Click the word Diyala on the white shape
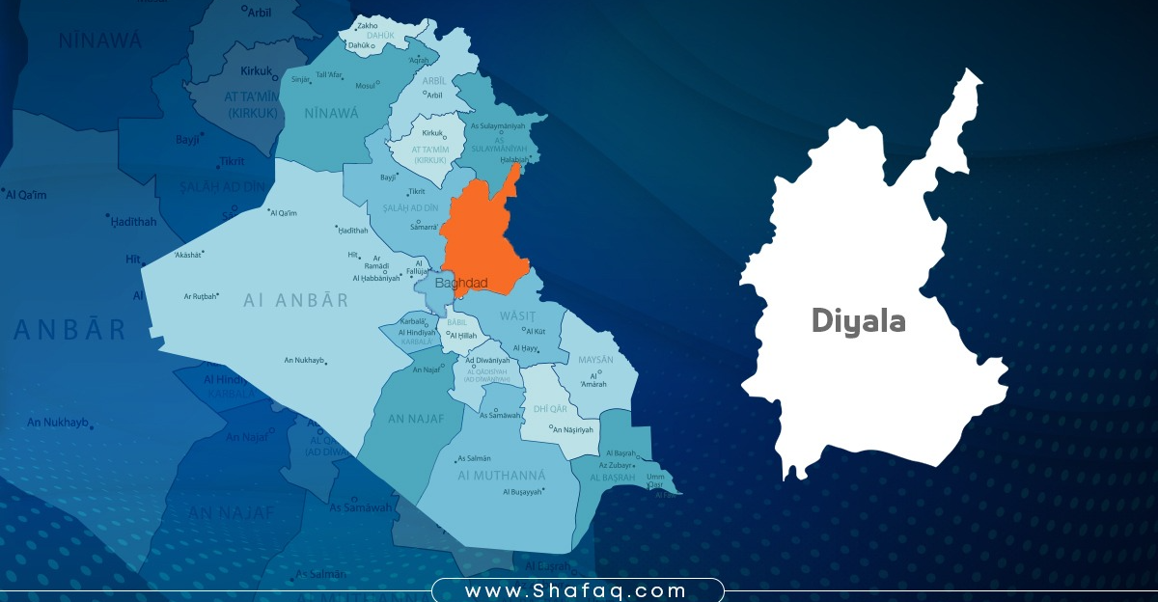point(858,320)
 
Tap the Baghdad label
point(461,284)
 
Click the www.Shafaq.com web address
point(576,590)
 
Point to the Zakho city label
point(367,26)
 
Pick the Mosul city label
point(366,86)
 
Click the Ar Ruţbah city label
point(201,296)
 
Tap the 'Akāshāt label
point(187,255)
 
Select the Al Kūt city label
point(537,331)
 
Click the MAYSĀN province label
point(595,359)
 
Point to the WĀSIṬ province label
point(516,315)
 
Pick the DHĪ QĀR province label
point(550,409)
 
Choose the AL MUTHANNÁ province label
point(501,476)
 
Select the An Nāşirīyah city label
point(576,429)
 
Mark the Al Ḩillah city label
point(465,335)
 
